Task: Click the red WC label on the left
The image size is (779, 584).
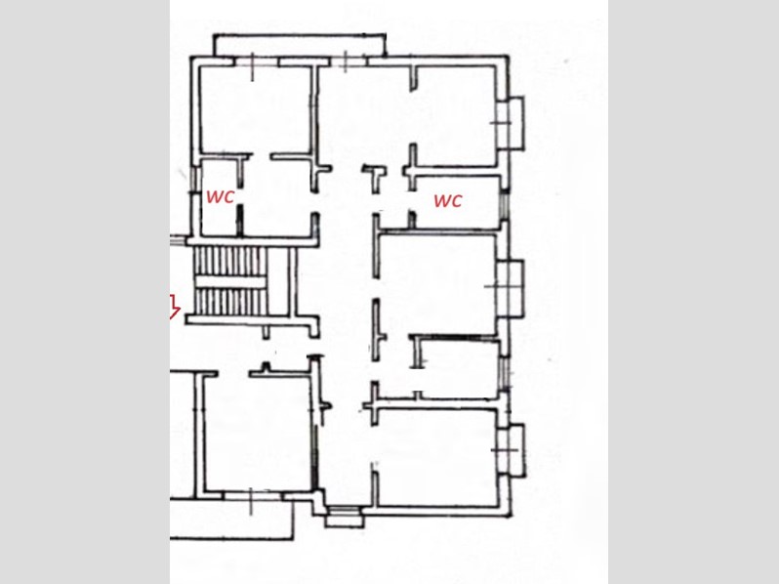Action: click(x=220, y=197)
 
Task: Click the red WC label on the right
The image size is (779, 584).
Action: click(x=448, y=200)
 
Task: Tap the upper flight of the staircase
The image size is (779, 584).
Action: click(x=230, y=261)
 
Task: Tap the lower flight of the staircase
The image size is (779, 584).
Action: click(x=230, y=302)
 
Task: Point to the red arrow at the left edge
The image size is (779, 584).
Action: click(x=174, y=306)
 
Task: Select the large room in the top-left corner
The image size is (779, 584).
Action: click(x=256, y=109)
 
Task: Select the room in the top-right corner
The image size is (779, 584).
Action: click(x=456, y=116)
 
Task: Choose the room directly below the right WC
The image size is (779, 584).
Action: click(x=437, y=283)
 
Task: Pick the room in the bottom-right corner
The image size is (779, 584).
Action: click(x=436, y=456)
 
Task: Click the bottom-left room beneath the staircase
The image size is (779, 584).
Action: click(x=258, y=433)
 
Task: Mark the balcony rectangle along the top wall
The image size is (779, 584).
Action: click(x=300, y=45)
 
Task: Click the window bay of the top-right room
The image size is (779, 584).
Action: click(x=515, y=123)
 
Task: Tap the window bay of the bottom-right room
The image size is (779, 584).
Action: click(x=515, y=450)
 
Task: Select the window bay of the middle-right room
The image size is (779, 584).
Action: click(x=514, y=287)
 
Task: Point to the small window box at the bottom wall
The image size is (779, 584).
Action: click(x=345, y=517)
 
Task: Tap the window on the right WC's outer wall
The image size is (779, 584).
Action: click(x=504, y=205)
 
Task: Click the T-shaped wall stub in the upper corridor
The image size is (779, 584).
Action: click(x=375, y=179)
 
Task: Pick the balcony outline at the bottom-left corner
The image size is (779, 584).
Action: click(x=231, y=519)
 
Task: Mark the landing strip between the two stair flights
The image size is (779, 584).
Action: click(x=230, y=282)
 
